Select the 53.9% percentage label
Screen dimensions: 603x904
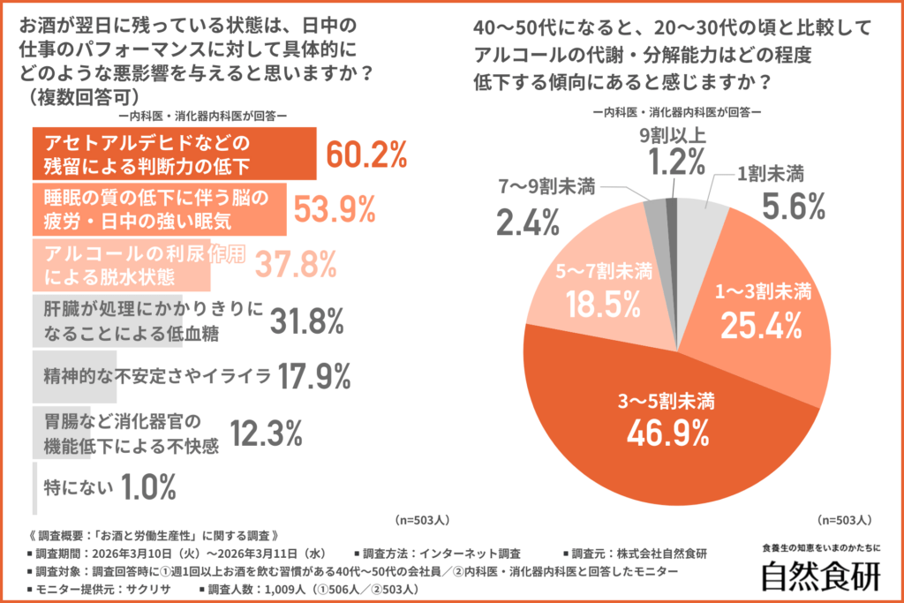[335, 208]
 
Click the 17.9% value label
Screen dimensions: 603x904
[313, 377]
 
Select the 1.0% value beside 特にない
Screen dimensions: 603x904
[147, 486]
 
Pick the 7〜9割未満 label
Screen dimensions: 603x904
[547, 185]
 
